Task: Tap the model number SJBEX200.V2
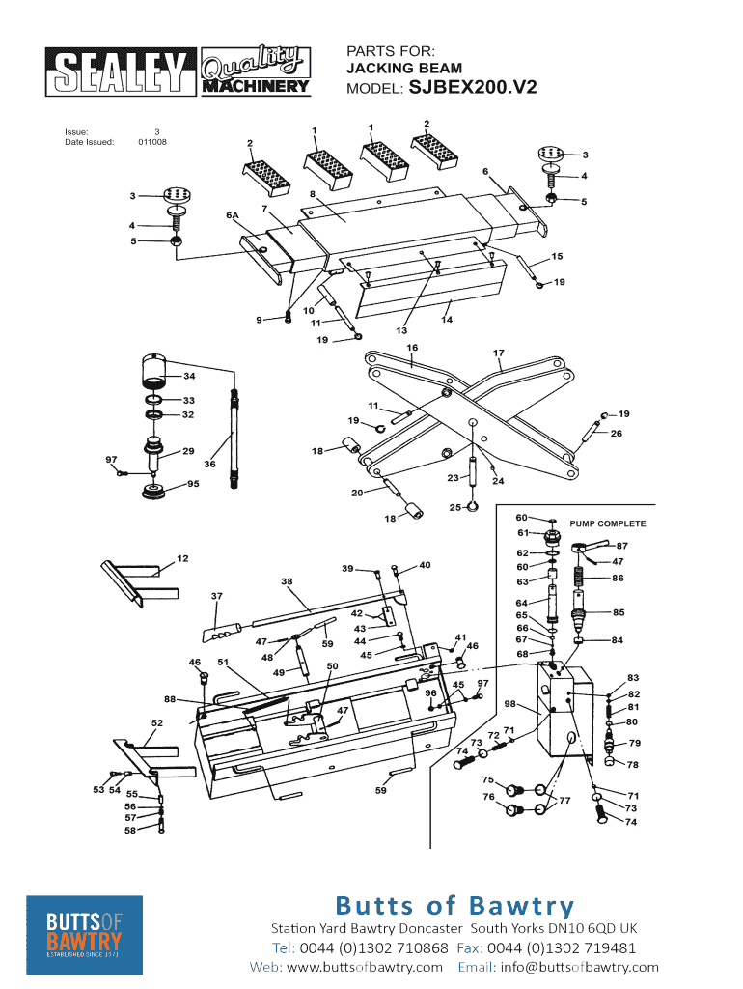473,87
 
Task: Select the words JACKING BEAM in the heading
404,69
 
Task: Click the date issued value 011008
151,142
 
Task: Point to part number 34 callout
189,376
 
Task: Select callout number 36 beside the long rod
209,465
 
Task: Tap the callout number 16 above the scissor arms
412,347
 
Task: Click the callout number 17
499,353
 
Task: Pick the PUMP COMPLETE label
608,523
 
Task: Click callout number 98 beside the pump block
509,703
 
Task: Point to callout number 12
182,558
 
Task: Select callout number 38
287,581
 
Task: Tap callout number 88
170,698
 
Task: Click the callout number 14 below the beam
447,319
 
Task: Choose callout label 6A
232,214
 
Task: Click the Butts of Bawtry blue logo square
85,934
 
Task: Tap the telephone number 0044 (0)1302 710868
373,947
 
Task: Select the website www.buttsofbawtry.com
365,967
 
